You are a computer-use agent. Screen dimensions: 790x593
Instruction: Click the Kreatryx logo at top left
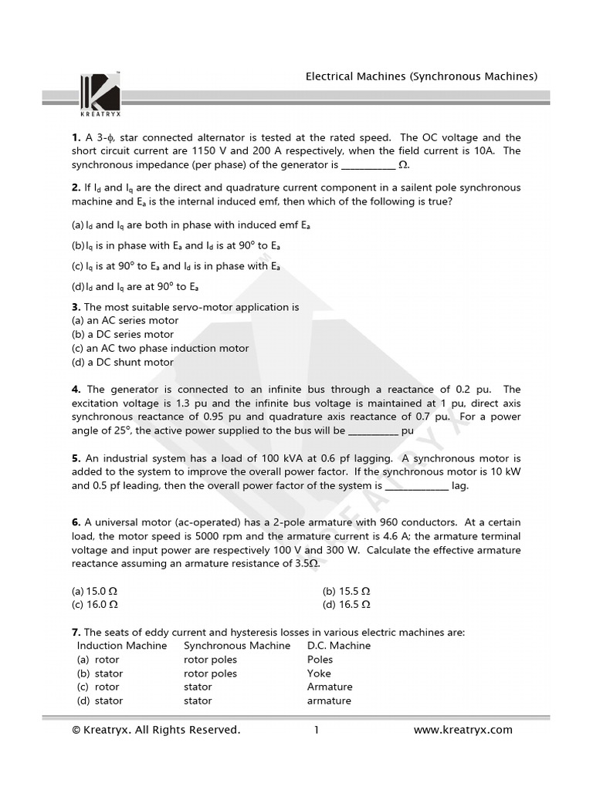coord(100,93)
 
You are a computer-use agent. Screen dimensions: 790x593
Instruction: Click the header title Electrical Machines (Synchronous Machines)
coord(422,76)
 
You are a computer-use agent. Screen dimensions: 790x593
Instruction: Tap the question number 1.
coord(75,137)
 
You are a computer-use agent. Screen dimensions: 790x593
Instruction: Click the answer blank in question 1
coord(368,165)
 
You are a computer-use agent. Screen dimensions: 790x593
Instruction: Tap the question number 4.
coord(76,390)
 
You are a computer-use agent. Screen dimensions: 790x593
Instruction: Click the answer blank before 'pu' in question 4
coord(374,430)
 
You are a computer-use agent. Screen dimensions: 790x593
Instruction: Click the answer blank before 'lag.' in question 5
coord(416,486)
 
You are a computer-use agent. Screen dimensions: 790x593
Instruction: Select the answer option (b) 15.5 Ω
coord(347,591)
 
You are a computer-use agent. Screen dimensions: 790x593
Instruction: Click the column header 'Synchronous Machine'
coord(237,646)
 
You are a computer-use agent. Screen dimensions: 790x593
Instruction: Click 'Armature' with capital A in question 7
coord(330,687)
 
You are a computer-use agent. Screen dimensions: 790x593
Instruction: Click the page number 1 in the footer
coord(317,730)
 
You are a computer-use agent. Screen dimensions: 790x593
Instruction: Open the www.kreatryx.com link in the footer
coord(463,730)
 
